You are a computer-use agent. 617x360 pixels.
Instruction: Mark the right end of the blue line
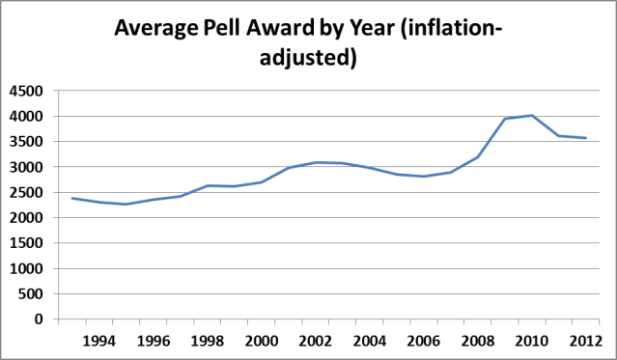point(585,138)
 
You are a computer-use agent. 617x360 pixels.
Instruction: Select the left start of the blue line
point(71,198)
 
